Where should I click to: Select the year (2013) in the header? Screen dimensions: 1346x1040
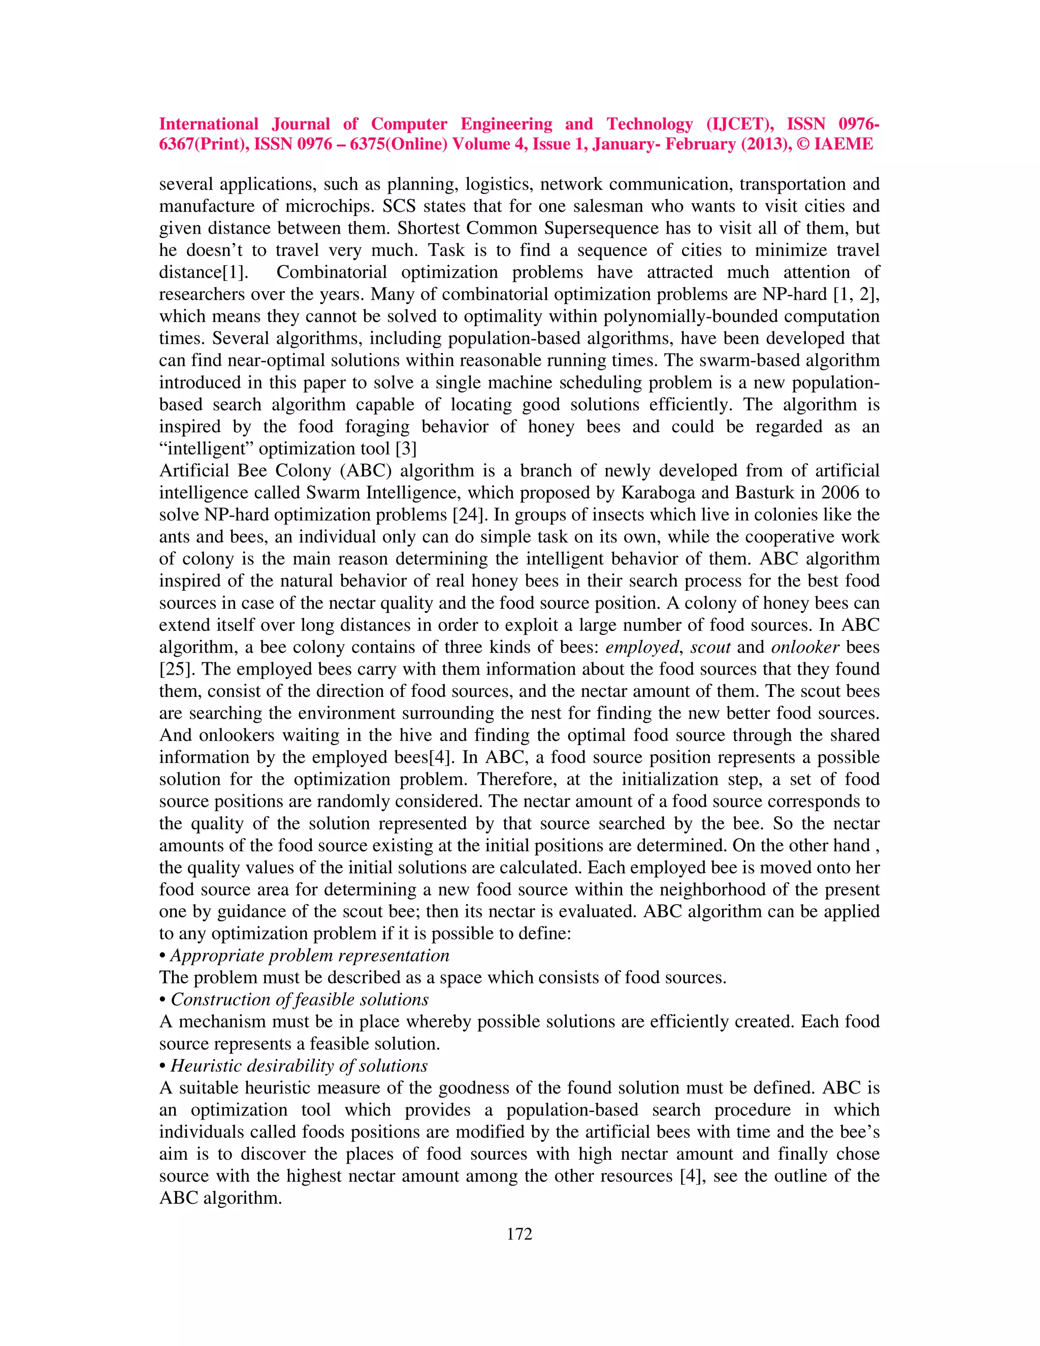pos(759,144)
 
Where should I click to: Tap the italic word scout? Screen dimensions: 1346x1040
pos(710,647)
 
